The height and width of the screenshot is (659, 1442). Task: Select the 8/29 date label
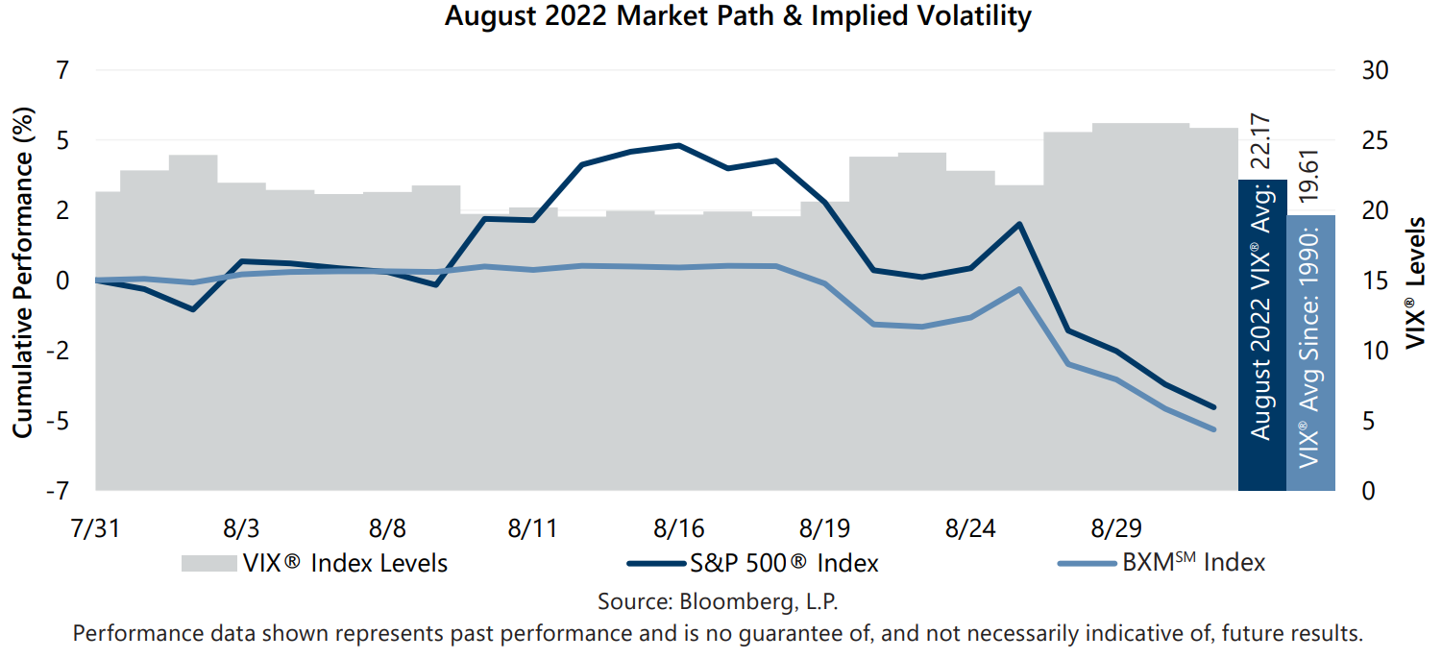pyautogui.click(x=1112, y=528)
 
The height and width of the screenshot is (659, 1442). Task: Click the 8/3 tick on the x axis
pyautogui.click(x=241, y=528)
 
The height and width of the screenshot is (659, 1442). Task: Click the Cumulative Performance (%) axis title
pyautogui.click(x=23, y=273)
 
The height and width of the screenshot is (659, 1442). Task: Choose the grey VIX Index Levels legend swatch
pyautogui.click(x=208, y=563)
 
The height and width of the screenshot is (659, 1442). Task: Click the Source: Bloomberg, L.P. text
pyautogui.click(x=719, y=601)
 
